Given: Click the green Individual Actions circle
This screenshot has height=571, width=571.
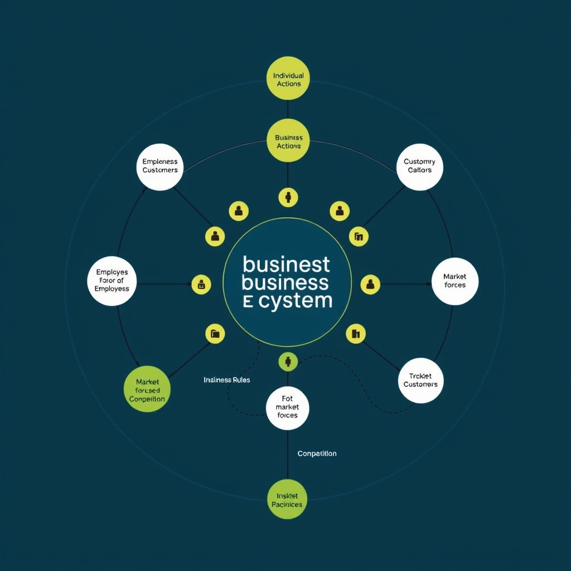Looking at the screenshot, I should tap(288, 79).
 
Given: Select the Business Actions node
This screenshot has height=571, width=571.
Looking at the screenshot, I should tap(288, 141).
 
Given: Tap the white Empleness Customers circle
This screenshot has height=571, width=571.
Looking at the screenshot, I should tap(160, 166).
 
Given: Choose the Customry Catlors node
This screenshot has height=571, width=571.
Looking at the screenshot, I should tap(420, 166).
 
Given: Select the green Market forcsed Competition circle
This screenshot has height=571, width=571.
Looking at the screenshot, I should tap(147, 390).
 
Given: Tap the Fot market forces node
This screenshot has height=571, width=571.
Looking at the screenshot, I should tap(287, 407).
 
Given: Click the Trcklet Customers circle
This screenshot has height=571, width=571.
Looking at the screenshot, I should tap(420, 380).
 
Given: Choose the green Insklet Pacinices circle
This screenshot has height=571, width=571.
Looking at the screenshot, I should tap(287, 500).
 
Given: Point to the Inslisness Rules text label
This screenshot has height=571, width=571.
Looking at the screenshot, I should tap(227, 380).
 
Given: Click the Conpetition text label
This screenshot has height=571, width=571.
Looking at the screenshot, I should tap(317, 453).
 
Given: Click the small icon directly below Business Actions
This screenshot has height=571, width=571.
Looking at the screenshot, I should tap(288, 196).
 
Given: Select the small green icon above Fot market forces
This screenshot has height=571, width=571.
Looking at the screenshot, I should tap(288, 361).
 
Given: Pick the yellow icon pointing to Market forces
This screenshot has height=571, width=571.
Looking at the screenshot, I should tap(370, 284).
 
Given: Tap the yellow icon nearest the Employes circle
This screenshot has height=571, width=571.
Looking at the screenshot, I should tap(201, 284).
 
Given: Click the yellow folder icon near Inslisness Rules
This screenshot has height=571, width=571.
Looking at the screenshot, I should tap(215, 334).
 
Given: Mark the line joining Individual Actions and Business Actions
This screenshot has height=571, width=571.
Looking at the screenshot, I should tap(288, 110).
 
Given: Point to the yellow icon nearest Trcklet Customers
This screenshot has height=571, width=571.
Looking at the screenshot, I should tap(356, 334).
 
